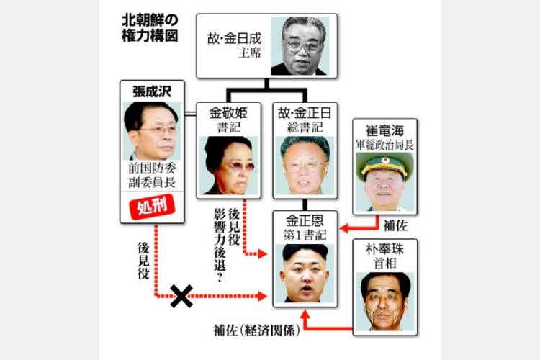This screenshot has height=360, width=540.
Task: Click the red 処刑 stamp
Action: pyautogui.click(x=152, y=207)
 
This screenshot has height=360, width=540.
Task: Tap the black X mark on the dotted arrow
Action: pyautogui.click(x=181, y=296)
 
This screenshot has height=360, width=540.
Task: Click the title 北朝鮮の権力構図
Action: pyautogui.click(x=150, y=28)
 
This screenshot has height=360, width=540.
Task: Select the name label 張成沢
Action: pyautogui.click(x=152, y=91)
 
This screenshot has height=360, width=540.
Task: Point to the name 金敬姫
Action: pyautogui.click(x=228, y=112)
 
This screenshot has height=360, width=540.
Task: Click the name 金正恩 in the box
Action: pyautogui.click(x=305, y=220)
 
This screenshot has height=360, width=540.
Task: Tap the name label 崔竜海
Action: pyautogui.click(x=384, y=130)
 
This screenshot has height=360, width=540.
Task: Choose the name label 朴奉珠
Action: pyautogui.click(x=384, y=249)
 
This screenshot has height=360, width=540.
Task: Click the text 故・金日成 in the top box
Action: pyautogui.click(x=234, y=39)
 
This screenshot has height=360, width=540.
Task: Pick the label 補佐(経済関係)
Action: pyautogui.click(x=257, y=330)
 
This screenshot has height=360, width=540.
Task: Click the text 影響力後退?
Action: pyautogui.click(x=220, y=246)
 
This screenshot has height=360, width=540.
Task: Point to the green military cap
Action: pyautogui.click(x=384, y=165)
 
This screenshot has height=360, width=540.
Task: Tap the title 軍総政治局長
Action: pyautogui.click(x=384, y=145)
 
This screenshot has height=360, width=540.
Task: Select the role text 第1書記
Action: pyautogui.click(x=305, y=235)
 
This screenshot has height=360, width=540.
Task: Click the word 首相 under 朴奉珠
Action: pyautogui.click(x=384, y=264)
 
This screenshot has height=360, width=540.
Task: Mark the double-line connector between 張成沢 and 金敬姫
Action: pyautogui.click(x=191, y=114)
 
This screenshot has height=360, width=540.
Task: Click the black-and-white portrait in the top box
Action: pyautogui.click(x=300, y=46)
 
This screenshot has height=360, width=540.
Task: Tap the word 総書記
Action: pyautogui.click(x=305, y=128)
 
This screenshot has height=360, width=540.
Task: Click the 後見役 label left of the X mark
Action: pyautogui.click(x=143, y=261)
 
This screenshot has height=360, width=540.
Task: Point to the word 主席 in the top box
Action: pyautogui.click(x=250, y=53)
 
